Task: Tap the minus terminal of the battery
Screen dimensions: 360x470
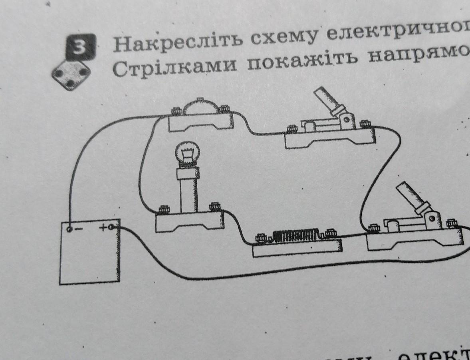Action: [x=69, y=229]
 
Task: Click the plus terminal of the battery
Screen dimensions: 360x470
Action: [x=111, y=227]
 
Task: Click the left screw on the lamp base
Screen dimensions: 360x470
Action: [x=163, y=209]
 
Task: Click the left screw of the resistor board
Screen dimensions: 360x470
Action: [x=262, y=238]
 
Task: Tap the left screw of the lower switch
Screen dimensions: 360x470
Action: [x=374, y=228]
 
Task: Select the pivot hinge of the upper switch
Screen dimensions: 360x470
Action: [x=347, y=119]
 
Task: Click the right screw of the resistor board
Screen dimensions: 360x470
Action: [x=330, y=233]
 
